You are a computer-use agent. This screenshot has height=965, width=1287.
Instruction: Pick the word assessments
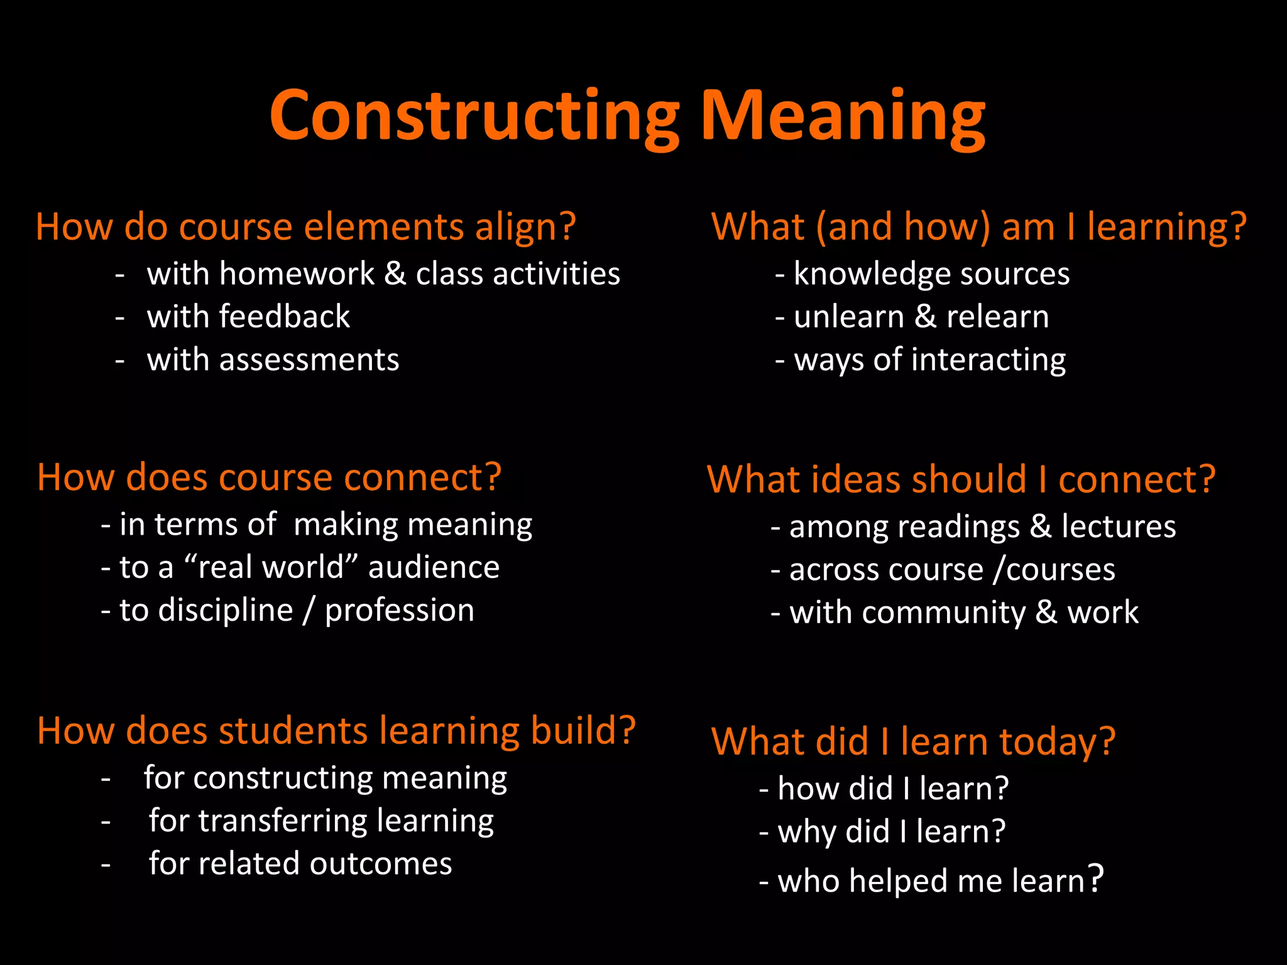[309, 360]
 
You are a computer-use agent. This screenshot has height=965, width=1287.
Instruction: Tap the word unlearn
[849, 317]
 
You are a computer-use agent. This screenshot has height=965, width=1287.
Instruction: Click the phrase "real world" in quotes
[271, 567]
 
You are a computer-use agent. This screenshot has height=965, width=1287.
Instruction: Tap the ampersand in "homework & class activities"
[395, 274]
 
